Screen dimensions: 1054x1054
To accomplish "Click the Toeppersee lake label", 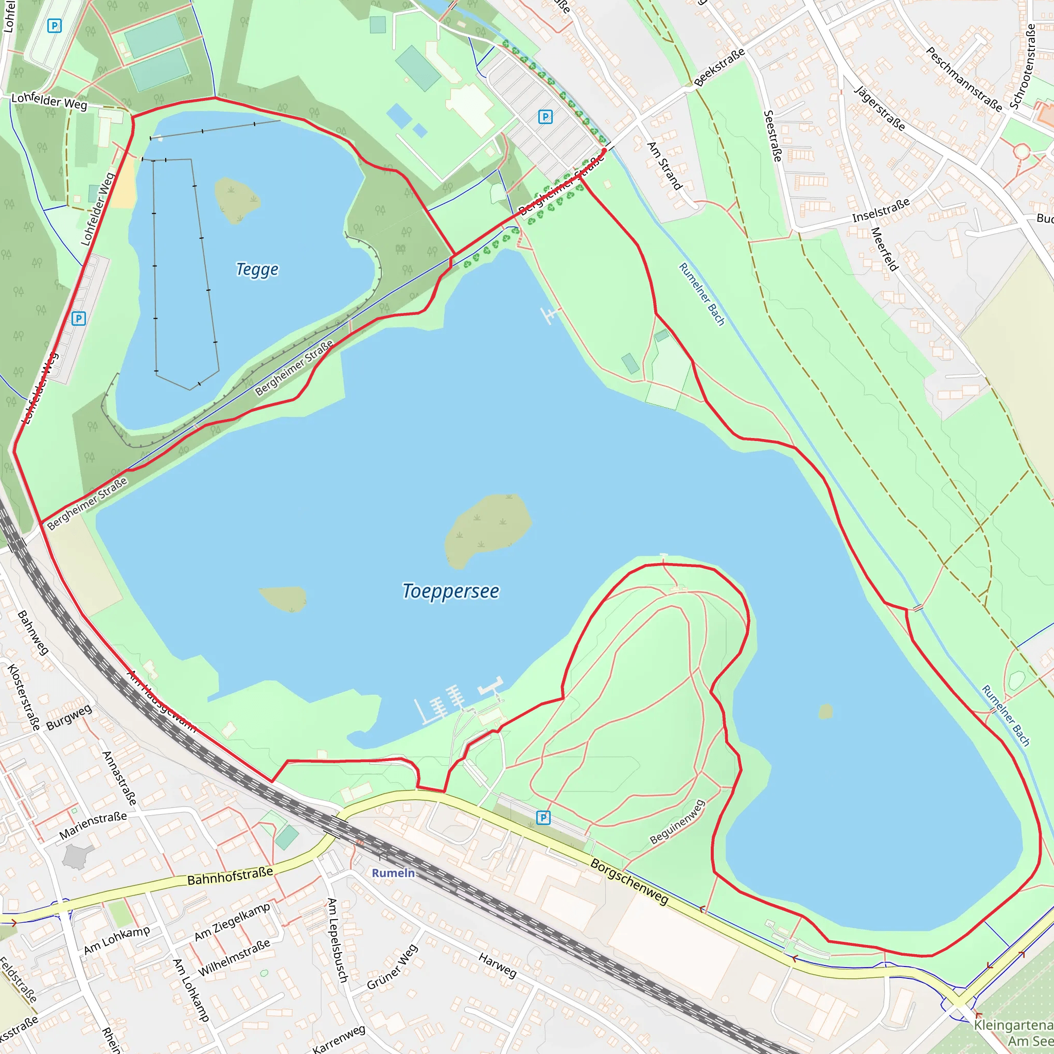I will pos(451,591).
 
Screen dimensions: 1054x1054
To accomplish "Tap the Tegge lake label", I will pos(257,270).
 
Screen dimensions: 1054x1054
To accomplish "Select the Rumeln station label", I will pos(393,873).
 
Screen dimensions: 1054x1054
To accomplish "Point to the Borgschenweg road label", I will pos(629,882).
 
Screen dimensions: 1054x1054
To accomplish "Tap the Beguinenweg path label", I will pos(678,822).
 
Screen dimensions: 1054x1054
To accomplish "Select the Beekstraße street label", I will pos(719,67).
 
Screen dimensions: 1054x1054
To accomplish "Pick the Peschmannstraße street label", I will pos(964,80).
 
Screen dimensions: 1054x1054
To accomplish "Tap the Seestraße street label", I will pos(772,136).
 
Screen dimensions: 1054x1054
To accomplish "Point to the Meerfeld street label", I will pos(884,249).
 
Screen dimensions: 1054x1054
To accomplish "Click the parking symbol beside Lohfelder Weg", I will pos(79,319).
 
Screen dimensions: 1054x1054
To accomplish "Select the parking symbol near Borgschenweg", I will pos(543,818).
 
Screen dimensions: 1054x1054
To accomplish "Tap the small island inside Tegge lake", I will pos(237,199).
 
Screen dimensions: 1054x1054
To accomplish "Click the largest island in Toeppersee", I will pos(487,529).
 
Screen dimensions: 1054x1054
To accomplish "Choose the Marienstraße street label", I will pos(93,825).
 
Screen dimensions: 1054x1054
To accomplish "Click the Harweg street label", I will pos(497,965).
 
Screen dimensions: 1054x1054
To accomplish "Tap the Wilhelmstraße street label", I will pos(234,958).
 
